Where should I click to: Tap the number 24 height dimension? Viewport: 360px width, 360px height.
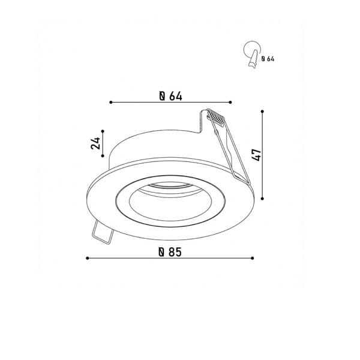coord(95,143)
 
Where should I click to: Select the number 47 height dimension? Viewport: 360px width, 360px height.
coord(256,155)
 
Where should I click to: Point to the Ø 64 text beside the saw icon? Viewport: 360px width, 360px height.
coord(268,59)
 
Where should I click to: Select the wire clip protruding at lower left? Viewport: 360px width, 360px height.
coord(102,233)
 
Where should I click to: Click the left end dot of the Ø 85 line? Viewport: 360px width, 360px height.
coord(88,258)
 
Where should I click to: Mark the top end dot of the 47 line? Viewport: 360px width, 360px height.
coord(263,110)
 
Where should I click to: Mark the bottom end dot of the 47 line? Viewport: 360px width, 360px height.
coord(263,199)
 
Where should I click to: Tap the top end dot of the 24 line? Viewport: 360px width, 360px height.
coord(103,130)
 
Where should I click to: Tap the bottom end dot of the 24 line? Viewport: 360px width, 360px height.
coord(103,157)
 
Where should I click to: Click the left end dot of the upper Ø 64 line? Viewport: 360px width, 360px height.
coord(112,103)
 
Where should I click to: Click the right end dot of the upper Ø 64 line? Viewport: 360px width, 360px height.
coord(230,103)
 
